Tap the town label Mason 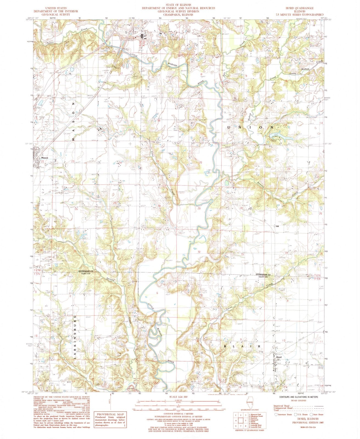pos(44,158)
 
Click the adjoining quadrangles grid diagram pos(239,420)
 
